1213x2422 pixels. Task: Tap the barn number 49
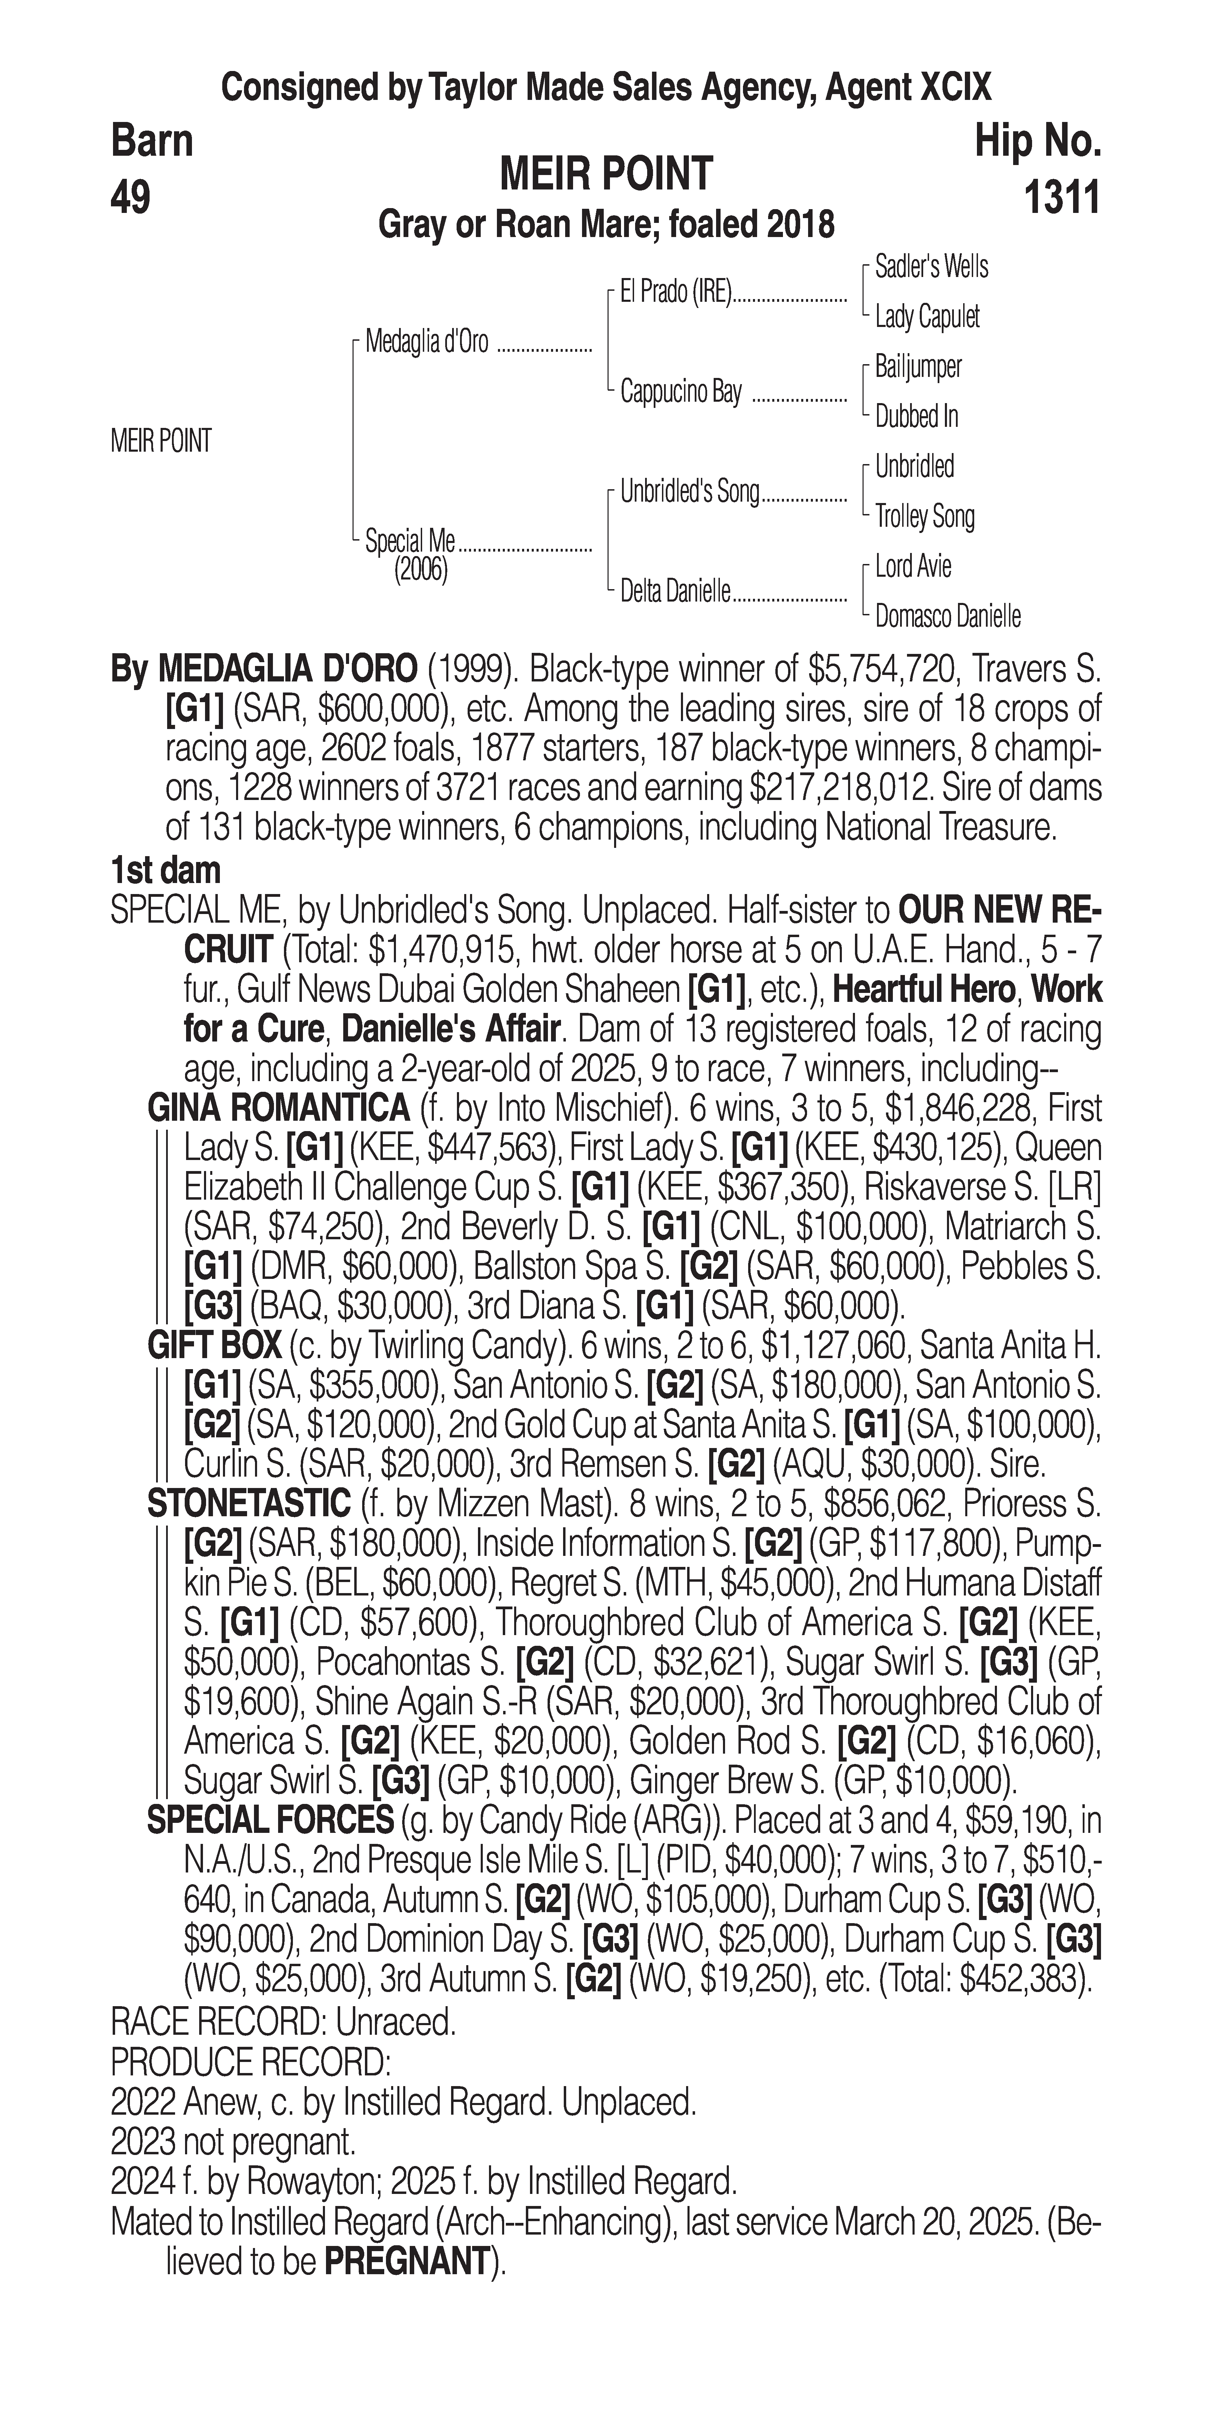coord(131,198)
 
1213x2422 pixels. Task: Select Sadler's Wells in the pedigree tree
coord(931,267)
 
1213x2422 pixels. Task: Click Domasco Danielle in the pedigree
coord(947,617)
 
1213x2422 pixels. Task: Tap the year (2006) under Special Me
coord(420,570)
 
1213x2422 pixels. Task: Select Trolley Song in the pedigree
coord(924,516)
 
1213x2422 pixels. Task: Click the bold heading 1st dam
coord(165,870)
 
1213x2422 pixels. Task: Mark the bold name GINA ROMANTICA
coord(278,1109)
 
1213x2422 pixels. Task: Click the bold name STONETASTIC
coord(249,1504)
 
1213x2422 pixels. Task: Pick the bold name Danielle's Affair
coord(450,1029)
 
